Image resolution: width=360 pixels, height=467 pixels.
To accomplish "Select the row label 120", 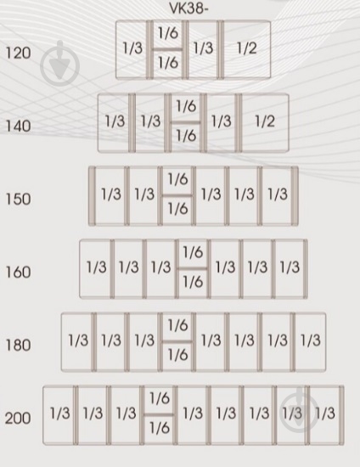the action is pos(18,53).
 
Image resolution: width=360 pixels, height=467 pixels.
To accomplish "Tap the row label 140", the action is pos(18,127).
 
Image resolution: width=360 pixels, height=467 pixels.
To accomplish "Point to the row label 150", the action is pos(18,200).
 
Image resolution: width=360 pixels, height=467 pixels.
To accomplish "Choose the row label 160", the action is pos(18,273).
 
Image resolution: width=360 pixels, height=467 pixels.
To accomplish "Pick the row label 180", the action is pos(18,346).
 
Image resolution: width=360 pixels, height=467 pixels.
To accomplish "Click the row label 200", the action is pos(18,418).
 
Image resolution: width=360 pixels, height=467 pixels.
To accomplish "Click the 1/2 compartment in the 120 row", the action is pos(247,49).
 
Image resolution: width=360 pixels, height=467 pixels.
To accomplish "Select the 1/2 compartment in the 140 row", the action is pos(265,122).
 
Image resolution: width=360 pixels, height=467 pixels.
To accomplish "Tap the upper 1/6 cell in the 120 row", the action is pos(167,34).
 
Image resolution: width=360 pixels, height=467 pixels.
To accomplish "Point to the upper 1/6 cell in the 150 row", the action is pos(177,180).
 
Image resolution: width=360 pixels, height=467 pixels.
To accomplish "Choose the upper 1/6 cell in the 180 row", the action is pos(177,326).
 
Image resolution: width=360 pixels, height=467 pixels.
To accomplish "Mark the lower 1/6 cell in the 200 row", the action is pos(160,430).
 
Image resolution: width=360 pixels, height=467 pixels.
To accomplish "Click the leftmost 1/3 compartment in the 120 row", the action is pos(132,49).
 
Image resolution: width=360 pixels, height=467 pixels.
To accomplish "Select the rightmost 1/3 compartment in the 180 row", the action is pos(310,341).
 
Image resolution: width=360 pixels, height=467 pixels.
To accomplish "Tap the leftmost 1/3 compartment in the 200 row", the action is pos(59,415).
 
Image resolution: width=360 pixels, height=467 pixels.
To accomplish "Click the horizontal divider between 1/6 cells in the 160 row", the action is pos(193,268).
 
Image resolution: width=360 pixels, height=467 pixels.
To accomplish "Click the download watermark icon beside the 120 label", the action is pos(59,64).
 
